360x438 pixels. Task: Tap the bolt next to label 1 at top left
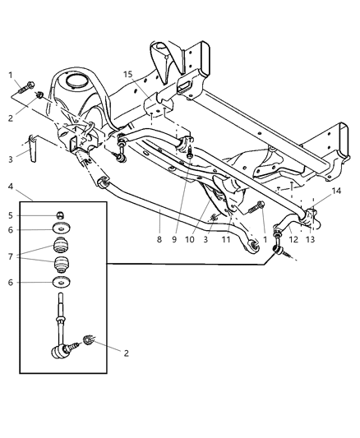[30, 85]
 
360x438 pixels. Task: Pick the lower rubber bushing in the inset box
[59, 266]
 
